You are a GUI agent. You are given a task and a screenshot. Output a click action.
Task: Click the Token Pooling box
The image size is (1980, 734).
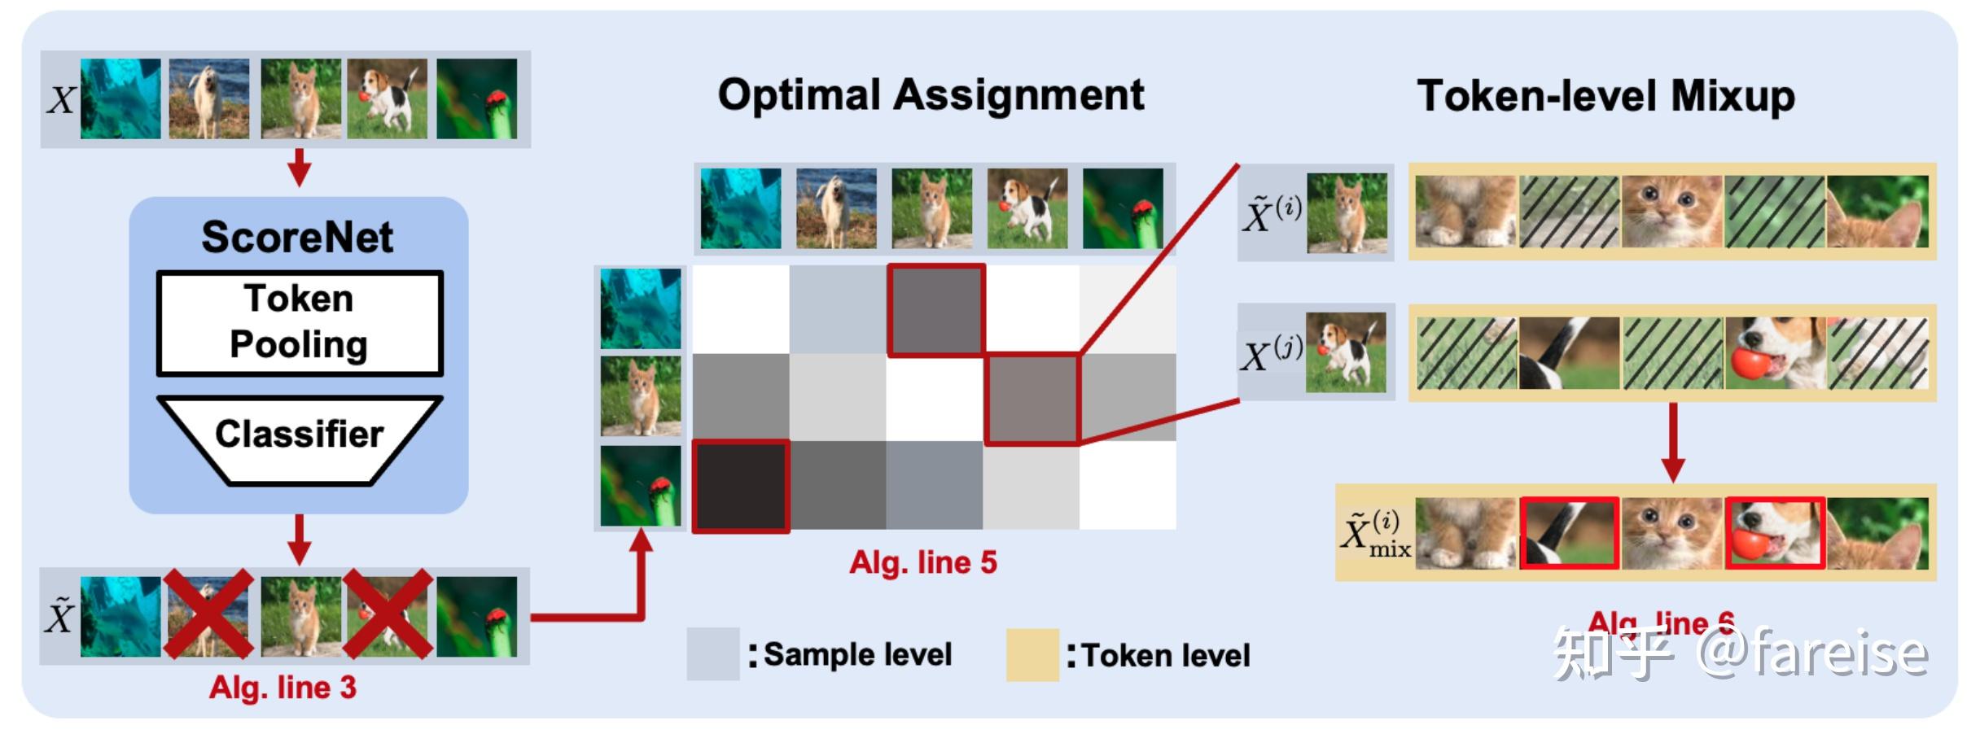coord(300,323)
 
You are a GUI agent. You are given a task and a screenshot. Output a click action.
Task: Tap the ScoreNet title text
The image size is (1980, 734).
coord(297,238)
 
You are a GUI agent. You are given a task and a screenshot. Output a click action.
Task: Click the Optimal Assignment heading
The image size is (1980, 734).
coord(931,95)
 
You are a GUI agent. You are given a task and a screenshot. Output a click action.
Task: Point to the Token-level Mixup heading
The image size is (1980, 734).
coord(1605,96)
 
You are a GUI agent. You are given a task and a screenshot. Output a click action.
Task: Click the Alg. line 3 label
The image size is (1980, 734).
coord(283,688)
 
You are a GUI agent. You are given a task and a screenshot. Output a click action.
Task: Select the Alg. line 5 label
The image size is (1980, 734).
coord(923,562)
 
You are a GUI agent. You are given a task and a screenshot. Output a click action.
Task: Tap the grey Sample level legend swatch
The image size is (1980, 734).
coord(712,653)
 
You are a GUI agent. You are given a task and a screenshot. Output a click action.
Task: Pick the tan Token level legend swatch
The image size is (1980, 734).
coord(1032,654)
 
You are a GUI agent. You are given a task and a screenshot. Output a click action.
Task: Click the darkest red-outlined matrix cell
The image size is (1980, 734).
coord(741,487)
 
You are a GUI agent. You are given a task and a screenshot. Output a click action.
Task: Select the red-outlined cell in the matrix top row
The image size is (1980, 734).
coord(935,310)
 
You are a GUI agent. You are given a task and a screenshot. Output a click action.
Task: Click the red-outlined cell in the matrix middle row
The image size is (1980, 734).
coord(1032,399)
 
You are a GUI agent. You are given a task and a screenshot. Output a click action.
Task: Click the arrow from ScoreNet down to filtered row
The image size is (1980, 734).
coord(300,540)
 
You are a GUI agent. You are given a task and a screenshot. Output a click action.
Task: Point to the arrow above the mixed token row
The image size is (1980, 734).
coord(1672,443)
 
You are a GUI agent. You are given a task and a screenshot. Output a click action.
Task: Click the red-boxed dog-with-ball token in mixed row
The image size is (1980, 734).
coord(1775,533)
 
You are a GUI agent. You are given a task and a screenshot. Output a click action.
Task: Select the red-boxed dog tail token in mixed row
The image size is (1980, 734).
coord(1569,533)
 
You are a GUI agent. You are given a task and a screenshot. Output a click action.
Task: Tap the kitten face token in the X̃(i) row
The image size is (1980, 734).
coord(1672,212)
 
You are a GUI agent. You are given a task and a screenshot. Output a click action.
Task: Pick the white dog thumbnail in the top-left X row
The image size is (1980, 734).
coord(209,98)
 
